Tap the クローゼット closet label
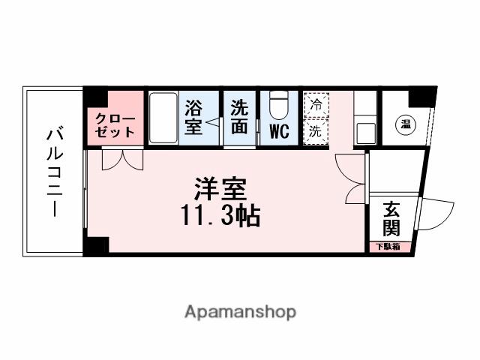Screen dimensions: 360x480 point(115,125)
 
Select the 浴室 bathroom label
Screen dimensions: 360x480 point(193,118)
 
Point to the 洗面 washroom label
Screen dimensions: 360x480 point(239,118)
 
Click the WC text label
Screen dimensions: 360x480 point(279,132)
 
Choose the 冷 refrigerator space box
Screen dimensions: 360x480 point(316,105)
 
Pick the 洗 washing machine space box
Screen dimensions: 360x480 point(316,129)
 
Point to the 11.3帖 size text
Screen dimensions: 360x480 point(219,217)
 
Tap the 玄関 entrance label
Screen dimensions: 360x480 point(391,217)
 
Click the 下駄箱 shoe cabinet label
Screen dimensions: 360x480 point(389,246)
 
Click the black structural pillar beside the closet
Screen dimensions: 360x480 point(94,97)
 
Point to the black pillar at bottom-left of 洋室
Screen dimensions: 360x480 point(95,245)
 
